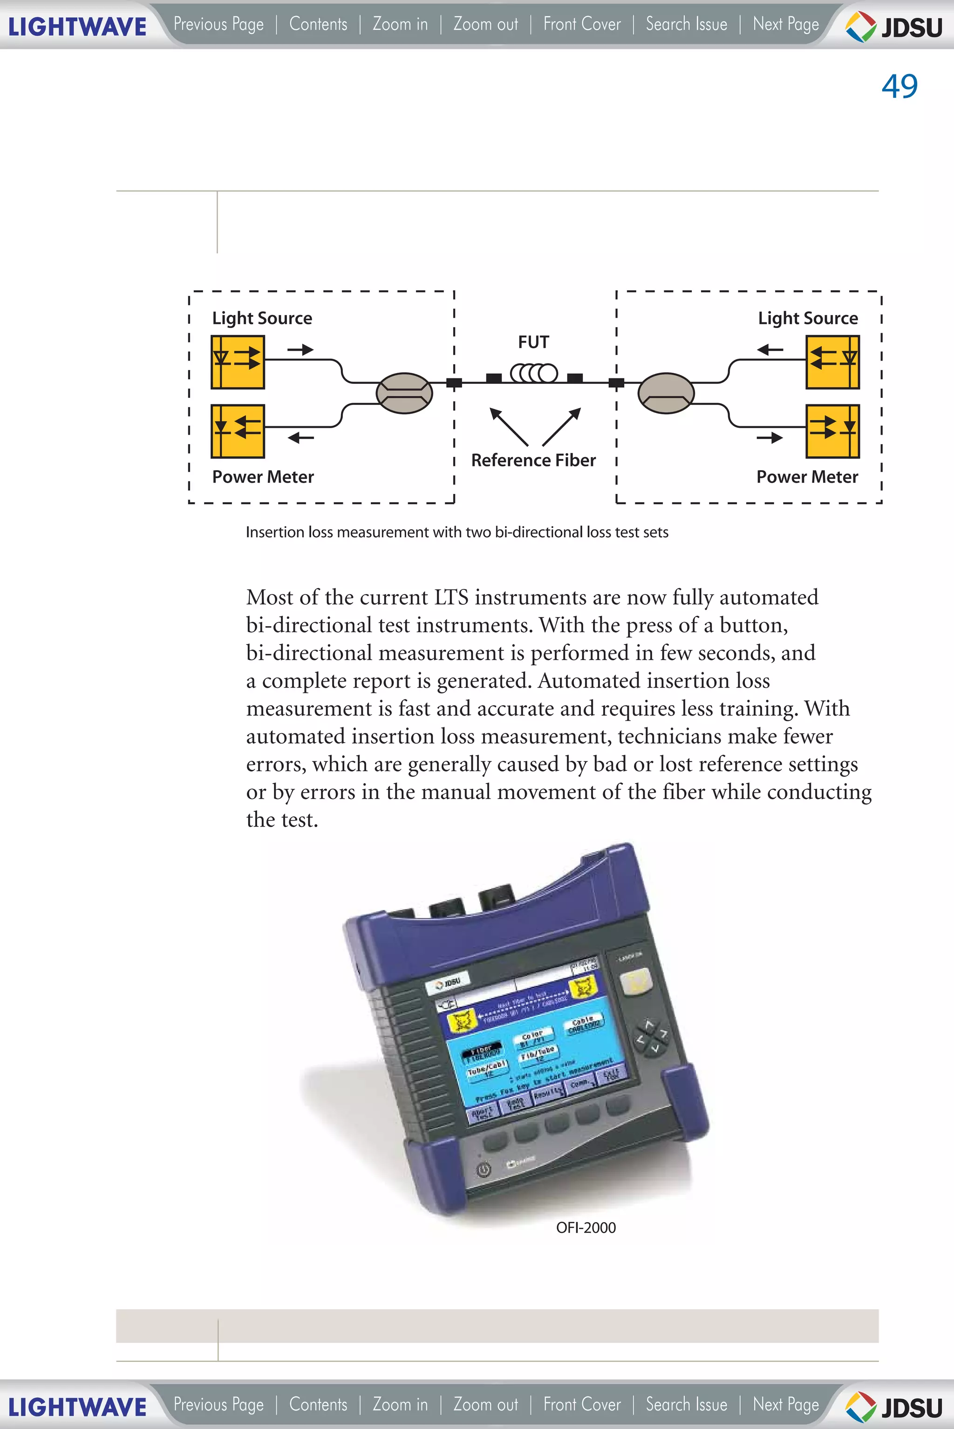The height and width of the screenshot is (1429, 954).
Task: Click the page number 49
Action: tap(899, 86)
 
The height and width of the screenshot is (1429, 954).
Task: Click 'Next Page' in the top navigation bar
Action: tap(785, 24)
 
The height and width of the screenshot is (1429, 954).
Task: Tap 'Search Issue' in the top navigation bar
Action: tap(686, 24)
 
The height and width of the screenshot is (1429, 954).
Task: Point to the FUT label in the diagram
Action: tap(533, 342)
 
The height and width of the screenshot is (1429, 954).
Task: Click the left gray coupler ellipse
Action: tap(404, 393)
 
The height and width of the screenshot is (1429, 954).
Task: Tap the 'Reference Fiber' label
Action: tap(533, 460)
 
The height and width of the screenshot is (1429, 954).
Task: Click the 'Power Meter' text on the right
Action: tap(806, 477)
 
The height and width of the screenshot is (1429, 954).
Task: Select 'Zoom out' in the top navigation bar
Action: tap(485, 24)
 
